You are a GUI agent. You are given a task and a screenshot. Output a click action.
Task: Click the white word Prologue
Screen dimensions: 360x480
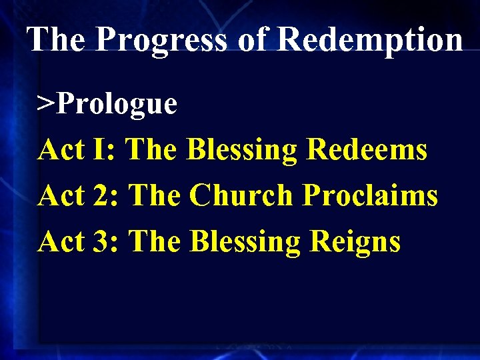tap(117, 105)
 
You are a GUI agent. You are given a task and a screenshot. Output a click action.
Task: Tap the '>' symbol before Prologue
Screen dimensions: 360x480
tap(45, 105)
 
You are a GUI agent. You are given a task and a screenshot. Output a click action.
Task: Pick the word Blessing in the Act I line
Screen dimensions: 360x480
tap(242, 151)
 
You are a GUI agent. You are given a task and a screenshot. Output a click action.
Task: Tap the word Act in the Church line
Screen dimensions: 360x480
tap(61, 195)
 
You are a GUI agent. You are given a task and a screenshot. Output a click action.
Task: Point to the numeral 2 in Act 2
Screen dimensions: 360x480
tap(106, 195)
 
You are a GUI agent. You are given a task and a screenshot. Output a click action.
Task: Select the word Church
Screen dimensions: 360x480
tap(241, 195)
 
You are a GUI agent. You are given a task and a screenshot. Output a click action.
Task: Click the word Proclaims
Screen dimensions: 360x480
tap(370, 195)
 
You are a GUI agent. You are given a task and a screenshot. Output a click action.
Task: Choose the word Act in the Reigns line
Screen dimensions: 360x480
tap(61, 241)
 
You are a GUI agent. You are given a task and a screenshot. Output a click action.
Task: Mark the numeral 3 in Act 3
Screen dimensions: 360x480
tap(106, 241)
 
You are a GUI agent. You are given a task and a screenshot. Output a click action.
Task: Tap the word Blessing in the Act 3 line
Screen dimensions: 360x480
tap(244, 242)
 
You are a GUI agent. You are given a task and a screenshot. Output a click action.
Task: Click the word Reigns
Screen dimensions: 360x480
tap(355, 242)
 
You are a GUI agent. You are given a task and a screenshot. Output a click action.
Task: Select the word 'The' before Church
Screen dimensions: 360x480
tap(154, 195)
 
